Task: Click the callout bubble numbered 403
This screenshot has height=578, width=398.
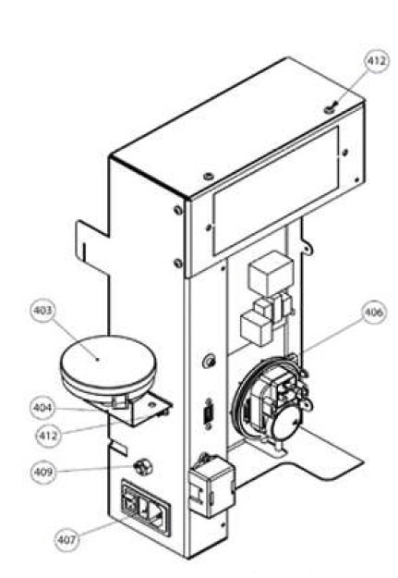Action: point(43,311)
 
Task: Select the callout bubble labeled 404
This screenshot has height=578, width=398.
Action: point(43,408)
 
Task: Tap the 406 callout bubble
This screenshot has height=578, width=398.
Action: point(374,313)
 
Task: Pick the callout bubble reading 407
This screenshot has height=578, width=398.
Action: point(67,540)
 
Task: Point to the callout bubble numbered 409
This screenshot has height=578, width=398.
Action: point(43,472)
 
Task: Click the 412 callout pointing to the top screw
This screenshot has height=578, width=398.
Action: point(377,61)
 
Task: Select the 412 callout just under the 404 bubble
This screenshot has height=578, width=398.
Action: point(48,436)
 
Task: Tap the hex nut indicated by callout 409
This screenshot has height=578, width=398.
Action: point(142,468)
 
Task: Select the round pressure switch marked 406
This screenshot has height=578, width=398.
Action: point(272,400)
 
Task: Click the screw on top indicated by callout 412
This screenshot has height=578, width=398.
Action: point(329,109)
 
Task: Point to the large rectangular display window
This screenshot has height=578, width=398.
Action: point(275,191)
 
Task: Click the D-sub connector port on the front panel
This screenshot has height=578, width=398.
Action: point(209,413)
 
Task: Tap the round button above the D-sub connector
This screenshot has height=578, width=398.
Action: point(209,361)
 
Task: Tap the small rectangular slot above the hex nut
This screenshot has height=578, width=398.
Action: point(120,449)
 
